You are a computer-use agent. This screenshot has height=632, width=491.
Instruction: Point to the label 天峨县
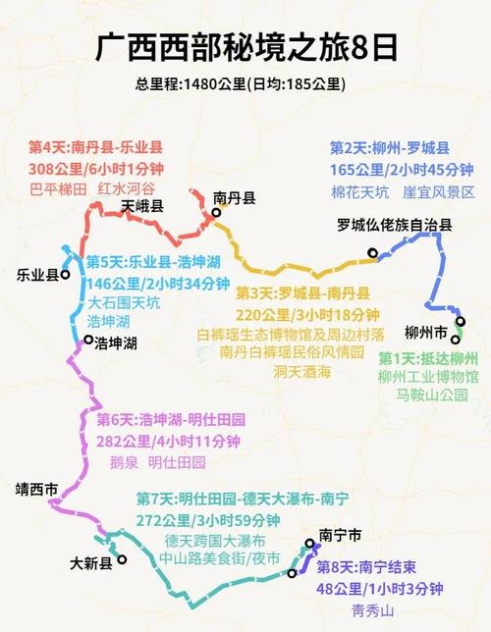pos(142,207)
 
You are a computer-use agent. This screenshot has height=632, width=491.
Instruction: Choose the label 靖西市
pos(37,488)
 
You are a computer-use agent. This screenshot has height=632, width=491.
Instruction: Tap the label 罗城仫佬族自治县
pos(394,225)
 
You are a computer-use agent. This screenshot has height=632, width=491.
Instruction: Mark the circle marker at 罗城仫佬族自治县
pos(373,254)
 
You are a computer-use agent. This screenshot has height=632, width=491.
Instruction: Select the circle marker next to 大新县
pos(122,561)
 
